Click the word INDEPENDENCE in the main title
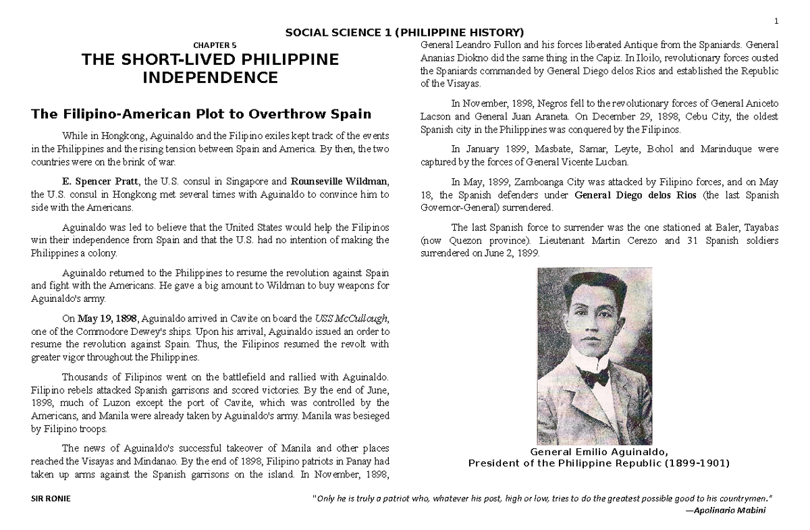(211, 78)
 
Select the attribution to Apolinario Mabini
(726, 510)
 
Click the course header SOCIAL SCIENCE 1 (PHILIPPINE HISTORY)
(404, 32)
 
